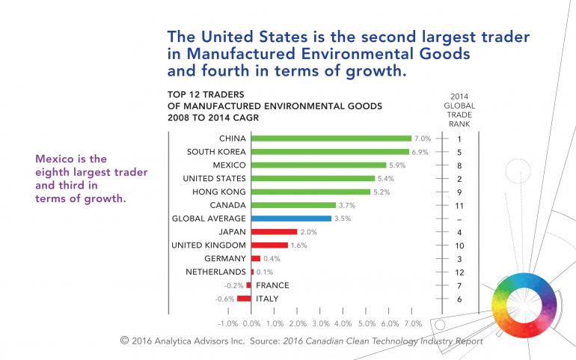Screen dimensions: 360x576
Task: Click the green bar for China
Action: click(331, 138)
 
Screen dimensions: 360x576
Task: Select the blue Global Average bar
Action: click(291, 219)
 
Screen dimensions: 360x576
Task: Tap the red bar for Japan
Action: click(274, 232)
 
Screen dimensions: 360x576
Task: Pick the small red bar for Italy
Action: click(244, 299)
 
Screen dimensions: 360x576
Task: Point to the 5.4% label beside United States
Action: click(386, 179)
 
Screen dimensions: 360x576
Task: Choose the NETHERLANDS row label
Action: click(216, 272)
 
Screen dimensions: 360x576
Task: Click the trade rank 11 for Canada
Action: click(458, 205)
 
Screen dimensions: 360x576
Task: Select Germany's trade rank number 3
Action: click(458, 258)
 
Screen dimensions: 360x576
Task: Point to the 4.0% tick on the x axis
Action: click(343, 324)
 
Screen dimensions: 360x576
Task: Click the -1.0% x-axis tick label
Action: click(227, 324)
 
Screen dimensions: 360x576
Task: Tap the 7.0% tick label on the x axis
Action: click(412, 324)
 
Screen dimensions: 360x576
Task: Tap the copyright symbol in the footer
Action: click(124, 341)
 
